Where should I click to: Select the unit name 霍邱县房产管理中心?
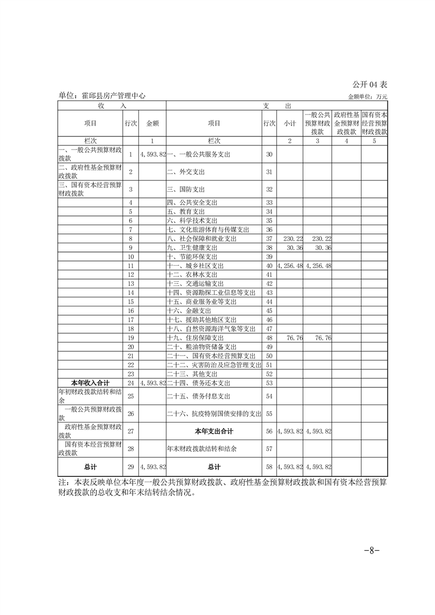click(101, 95)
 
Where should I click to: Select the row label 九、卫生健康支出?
click(194, 248)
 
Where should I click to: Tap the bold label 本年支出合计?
click(213, 431)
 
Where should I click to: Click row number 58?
click(269, 467)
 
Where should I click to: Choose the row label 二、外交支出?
click(186, 172)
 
